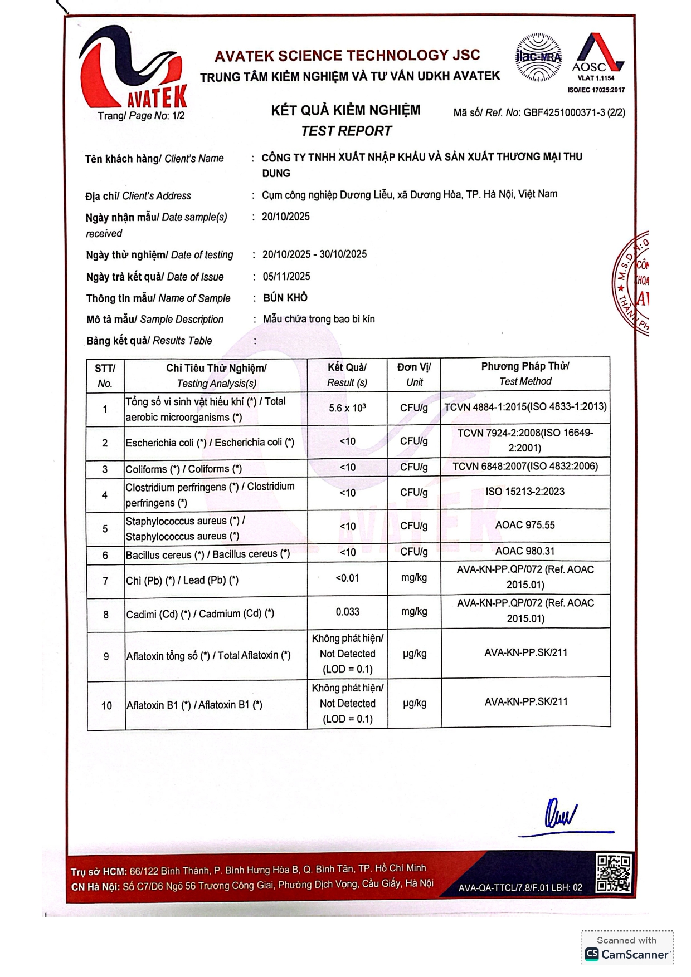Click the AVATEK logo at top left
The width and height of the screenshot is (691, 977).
click(x=133, y=68)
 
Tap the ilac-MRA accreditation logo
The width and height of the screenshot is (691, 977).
click(x=538, y=57)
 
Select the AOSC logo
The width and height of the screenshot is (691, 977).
click(x=597, y=57)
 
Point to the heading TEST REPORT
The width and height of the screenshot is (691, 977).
click(x=346, y=131)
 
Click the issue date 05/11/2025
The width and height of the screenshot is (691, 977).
click(x=286, y=276)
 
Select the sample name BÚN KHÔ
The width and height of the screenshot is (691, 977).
click(x=285, y=298)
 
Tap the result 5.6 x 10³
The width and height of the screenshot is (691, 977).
click(x=347, y=408)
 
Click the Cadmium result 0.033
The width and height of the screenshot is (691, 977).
click(x=347, y=612)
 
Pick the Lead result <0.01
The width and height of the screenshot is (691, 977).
click(x=347, y=578)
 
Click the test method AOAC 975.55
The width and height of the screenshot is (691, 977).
click(x=525, y=525)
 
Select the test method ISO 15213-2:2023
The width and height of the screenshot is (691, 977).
click(x=525, y=492)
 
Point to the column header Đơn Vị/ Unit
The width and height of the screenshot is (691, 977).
click(x=414, y=374)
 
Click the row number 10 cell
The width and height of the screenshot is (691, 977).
click(x=106, y=705)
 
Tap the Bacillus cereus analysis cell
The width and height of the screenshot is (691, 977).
click(x=208, y=554)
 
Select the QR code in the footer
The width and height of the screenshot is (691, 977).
click(x=614, y=873)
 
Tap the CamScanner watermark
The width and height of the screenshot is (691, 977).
click(x=627, y=948)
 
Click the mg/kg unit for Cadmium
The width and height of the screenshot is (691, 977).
click(x=414, y=612)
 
